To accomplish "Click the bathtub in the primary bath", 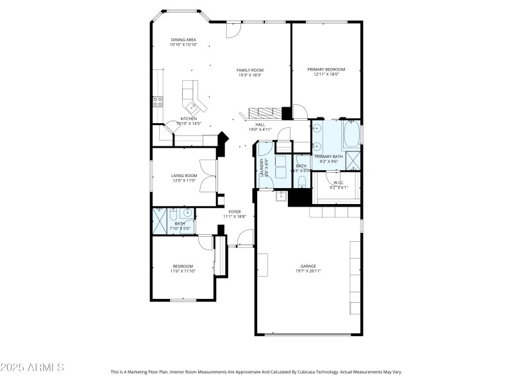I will point(352,135).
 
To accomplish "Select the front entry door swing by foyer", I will point(245,239).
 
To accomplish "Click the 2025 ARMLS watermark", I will point(32,368).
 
